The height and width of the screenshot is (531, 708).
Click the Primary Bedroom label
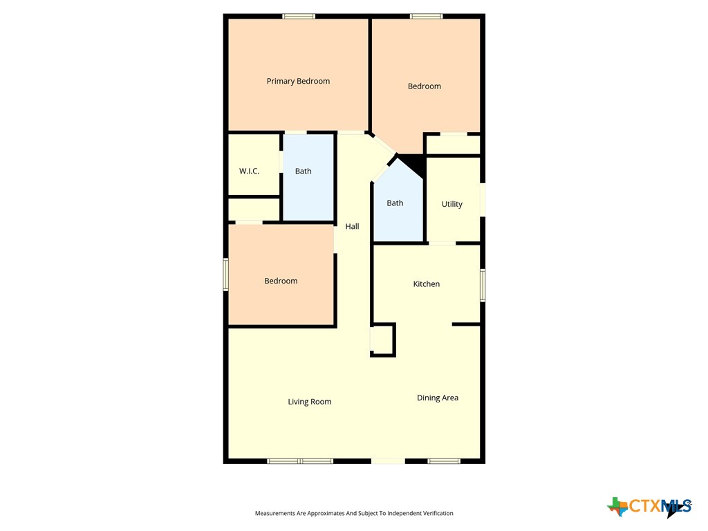298,82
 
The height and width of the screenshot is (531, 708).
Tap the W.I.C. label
249,171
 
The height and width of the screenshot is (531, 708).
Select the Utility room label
452,204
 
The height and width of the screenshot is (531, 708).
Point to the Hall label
352,226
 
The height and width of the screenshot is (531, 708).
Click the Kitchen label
426,284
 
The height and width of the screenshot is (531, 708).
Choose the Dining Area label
438,398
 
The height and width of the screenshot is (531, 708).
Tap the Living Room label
310,402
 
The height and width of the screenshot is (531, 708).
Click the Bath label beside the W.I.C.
304,171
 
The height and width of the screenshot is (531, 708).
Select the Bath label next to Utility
395,203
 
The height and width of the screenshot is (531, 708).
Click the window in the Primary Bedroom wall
299,17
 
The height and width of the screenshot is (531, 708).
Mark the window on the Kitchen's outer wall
483,285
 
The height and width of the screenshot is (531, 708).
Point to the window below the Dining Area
444,461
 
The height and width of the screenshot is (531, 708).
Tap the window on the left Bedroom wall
226,274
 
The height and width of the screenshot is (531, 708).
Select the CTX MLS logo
649,507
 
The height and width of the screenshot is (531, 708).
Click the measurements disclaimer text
354,513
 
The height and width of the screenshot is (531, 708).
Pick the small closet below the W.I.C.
254,209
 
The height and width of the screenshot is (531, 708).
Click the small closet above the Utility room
453,145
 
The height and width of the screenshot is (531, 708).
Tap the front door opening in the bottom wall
388,461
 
